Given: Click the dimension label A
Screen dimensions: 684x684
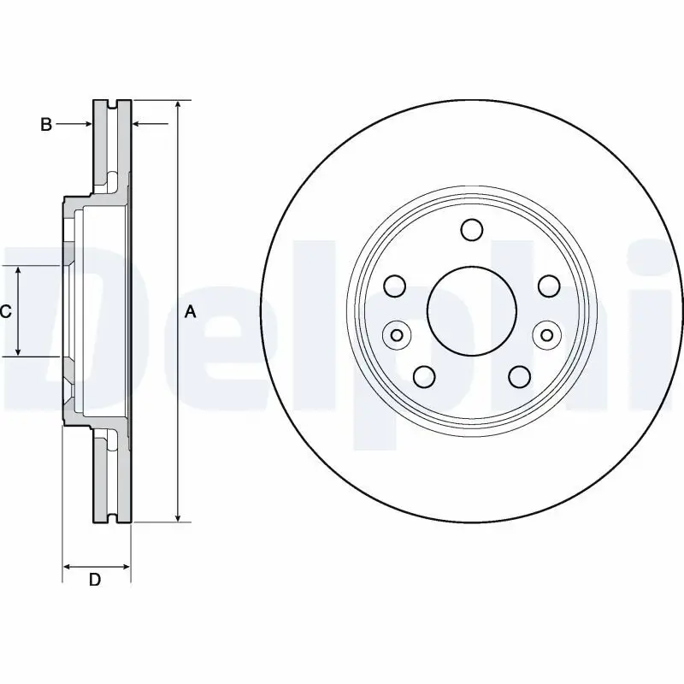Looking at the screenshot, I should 191,312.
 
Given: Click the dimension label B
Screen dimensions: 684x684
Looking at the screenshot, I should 46,125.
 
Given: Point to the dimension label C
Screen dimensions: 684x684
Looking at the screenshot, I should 5,312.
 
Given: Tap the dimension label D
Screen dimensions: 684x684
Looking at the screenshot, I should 96,580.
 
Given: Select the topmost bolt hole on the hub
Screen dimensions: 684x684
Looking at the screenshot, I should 471,229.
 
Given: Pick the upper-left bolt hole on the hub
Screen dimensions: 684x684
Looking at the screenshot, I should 395,285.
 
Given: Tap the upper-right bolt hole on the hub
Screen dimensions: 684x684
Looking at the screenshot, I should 547,285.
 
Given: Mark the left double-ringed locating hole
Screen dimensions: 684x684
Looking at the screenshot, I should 396,334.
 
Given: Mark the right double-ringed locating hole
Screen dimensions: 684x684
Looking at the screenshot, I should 545,334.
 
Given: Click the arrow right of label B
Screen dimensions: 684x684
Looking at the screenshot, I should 86,125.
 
